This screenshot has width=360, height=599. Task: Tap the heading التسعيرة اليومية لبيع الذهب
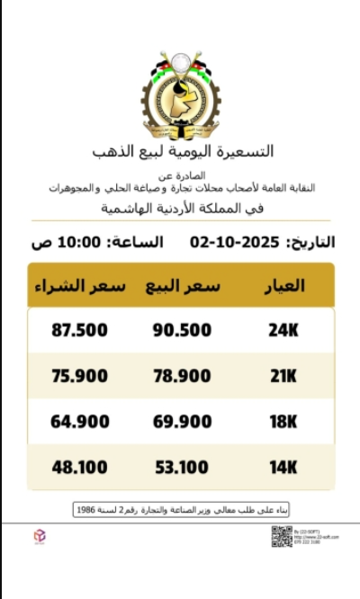point(183,150)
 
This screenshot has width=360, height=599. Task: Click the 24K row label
point(283,330)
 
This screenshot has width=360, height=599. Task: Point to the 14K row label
point(283,467)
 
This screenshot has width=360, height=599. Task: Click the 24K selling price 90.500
point(183,330)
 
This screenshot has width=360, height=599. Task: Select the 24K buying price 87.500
point(79,330)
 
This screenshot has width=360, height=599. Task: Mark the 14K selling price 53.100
point(183,467)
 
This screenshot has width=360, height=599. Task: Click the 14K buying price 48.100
point(79,467)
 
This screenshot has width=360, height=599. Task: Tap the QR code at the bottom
point(282,536)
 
